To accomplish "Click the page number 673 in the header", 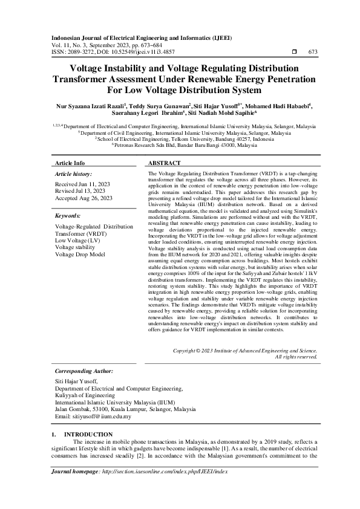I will (313, 52).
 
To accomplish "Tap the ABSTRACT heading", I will (165, 163).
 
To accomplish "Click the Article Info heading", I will (70, 163).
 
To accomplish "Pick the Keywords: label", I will (68, 215).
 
